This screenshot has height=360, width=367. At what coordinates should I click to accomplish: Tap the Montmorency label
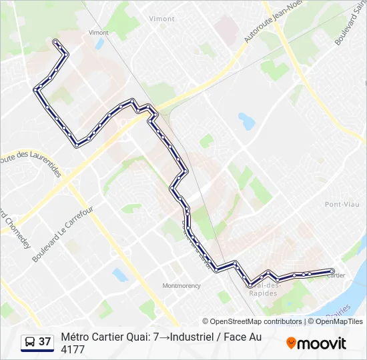tap(181, 285)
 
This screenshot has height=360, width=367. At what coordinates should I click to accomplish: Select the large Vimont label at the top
tap(161, 19)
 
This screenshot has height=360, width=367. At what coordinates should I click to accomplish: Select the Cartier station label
tap(336, 277)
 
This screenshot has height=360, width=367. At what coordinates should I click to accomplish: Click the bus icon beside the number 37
tap(30, 342)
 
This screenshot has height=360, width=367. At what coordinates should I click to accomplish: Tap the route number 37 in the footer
tap(45, 342)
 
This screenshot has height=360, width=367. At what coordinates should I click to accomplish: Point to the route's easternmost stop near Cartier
tap(332, 270)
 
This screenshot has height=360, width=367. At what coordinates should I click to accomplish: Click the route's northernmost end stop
tap(55, 42)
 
